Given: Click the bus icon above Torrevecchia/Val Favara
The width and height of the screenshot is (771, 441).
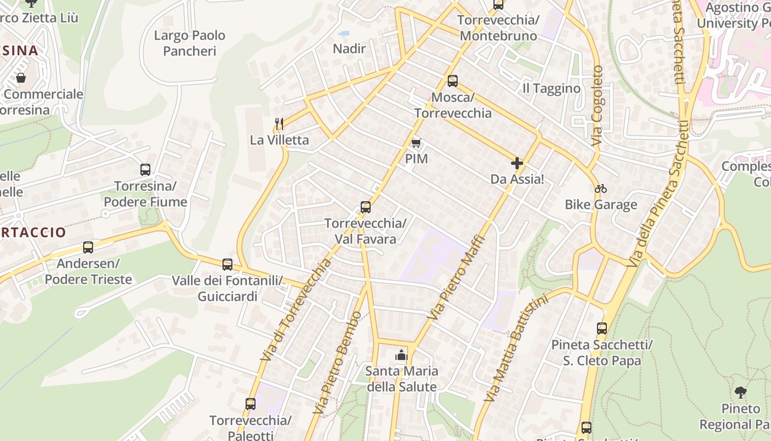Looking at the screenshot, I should click(x=365, y=207).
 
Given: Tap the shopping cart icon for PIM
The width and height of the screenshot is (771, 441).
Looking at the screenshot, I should click(x=416, y=143).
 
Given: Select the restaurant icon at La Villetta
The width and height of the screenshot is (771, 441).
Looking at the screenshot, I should click(x=279, y=123).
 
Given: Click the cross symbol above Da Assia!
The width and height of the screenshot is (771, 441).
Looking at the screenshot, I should click(x=517, y=163).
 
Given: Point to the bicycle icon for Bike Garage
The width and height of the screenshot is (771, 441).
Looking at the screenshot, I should click(x=600, y=189).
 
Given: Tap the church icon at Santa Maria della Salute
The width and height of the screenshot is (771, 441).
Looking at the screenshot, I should click(x=401, y=355).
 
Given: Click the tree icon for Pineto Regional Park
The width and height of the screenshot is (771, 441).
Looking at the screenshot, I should click(x=741, y=392).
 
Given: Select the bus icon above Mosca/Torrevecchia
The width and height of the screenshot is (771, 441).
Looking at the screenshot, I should click(x=452, y=81).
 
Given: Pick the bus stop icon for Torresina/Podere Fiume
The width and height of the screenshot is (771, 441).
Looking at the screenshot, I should click(x=145, y=170).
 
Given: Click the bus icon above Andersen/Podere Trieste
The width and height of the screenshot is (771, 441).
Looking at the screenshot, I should click(x=88, y=248).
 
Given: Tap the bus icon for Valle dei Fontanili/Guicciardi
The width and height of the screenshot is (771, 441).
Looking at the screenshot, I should click(x=227, y=265).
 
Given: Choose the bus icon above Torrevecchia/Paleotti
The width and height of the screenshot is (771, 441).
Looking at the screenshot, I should click(x=251, y=404).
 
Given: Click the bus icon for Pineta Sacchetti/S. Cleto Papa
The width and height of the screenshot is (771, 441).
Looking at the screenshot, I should click(x=602, y=329).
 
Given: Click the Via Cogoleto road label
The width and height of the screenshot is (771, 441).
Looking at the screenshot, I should click(x=598, y=106).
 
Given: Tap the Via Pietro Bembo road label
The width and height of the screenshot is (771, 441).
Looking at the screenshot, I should click(x=337, y=363).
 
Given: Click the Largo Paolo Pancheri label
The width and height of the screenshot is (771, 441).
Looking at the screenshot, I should click(x=189, y=43).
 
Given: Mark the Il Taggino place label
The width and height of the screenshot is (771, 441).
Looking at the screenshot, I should click(x=551, y=89).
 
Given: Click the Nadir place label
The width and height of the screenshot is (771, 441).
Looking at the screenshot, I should click(x=349, y=49).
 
